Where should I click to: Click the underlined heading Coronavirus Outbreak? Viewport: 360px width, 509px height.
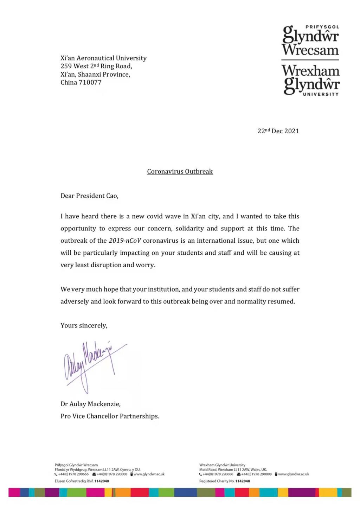tap(180, 172)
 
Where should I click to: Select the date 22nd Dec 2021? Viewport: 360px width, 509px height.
tap(278, 131)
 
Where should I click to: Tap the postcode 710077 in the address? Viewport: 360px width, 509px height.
tap(91, 83)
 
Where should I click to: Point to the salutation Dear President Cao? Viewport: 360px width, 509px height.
tap(89, 196)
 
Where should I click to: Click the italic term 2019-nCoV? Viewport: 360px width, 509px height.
tap(125, 241)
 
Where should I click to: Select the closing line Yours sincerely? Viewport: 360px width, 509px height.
tap(84, 326)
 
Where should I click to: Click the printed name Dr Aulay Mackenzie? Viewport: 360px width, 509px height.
tap(90, 404)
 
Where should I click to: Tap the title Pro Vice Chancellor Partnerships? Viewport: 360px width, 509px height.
tap(109, 416)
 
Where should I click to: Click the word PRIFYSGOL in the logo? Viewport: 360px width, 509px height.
tap(322, 27)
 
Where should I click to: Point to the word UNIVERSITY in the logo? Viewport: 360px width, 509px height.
tap(321, 94)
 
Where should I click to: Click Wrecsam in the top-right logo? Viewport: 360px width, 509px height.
tap(310, 50)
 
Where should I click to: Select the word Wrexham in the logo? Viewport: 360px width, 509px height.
tap(310, 71)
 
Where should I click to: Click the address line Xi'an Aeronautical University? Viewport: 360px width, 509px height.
tap(103, 58)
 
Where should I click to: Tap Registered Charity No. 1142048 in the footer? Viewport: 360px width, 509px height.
tap(224, 481)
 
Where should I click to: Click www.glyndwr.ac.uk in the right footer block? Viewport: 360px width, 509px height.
tap(294, 474)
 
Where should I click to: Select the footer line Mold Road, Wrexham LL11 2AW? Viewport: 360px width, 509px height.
tap(233, 470)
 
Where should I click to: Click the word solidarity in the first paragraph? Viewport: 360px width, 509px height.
tap(189, 229)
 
